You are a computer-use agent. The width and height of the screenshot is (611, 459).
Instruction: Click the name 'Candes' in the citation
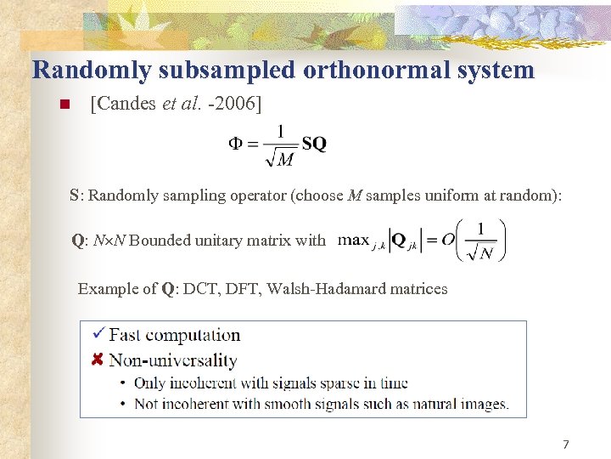[126, 104]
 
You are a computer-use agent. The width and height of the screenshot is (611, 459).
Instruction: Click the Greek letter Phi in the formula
[238, 144]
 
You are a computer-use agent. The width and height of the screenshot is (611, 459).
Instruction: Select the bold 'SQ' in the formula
[313, 144]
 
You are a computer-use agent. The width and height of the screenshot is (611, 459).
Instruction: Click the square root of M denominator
[281, 158]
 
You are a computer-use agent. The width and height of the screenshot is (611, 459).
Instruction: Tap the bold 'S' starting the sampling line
[75, 195]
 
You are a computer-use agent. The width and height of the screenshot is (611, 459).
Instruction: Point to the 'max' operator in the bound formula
[353, 240]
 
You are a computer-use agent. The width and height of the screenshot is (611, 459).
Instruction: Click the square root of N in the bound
[480, 252]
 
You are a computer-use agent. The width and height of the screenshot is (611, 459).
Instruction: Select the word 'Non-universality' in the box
[173, 360]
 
